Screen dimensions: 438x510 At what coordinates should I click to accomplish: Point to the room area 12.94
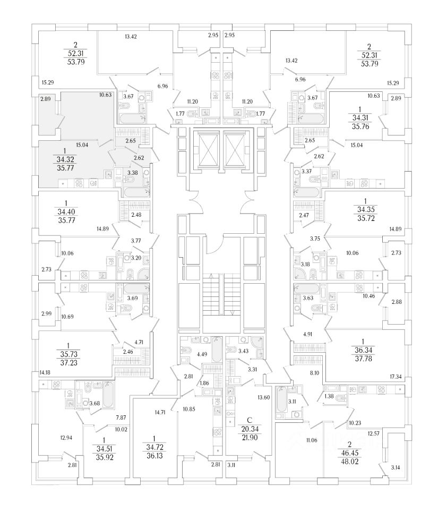coord(66,437)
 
